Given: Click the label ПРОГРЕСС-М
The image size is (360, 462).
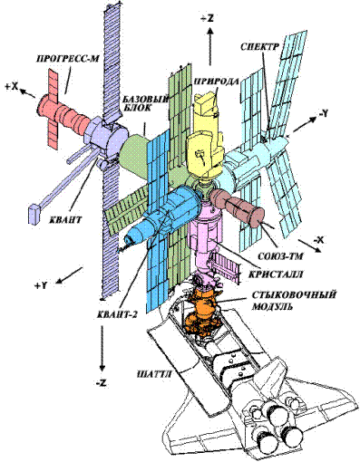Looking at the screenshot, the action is pyautogui.click(x=67, y=59).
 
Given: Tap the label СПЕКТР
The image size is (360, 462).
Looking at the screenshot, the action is pyautogui.click(x=259, y=46).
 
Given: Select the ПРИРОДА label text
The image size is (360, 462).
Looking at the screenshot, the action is pyautogui.click(x=216, y=81).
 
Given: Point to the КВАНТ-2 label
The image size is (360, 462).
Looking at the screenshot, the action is pyautogui.click(x=118, y=314).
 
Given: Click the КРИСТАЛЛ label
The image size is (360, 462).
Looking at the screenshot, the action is pyautogui.click(x=276, y=274).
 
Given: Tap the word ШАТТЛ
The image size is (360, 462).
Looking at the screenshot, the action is pyautogui.click(x=154, y=375).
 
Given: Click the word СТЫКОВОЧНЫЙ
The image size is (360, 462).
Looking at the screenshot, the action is pyautogui.click(x=294, y=294).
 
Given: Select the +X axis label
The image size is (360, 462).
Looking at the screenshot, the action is pyautogui.click(x=12, y=87).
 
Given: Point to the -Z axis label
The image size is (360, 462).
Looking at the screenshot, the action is pyautogui.click(x=102, y=383).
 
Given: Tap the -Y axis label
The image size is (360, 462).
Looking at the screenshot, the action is pyautogui.click(x=322, y=113).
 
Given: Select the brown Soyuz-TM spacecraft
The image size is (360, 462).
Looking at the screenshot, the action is pyautogui.click(x=238, y=207).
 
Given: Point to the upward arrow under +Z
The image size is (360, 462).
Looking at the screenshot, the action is pyautogui.click(x=210, y=45).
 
